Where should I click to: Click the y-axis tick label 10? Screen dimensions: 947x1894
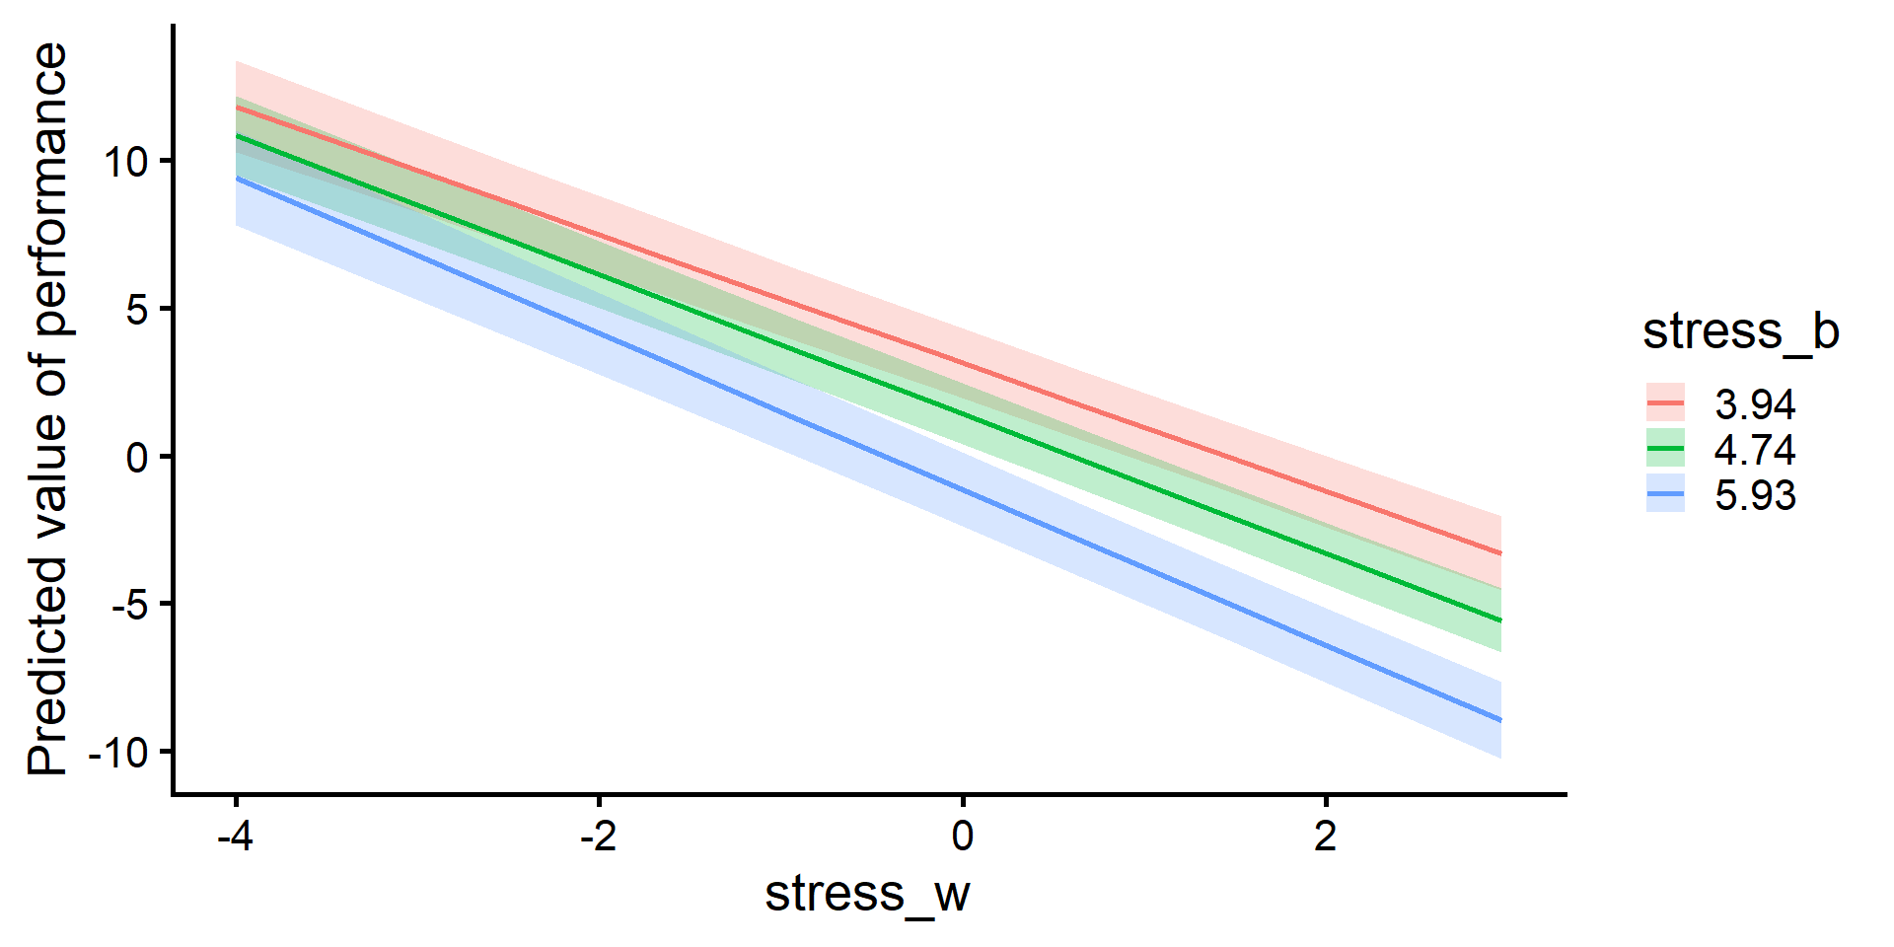(x=125, y=162)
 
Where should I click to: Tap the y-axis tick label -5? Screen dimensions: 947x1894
(x=128, y=605)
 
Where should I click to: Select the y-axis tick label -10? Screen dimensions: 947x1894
(x=117, y=753)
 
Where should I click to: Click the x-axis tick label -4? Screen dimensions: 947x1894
(x=235, y=837)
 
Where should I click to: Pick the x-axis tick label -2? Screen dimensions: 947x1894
(x=598, y=837)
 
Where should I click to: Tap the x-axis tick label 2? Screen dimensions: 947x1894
(x=1325, y=837)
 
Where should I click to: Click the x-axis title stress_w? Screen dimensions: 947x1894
(x=867, y=894)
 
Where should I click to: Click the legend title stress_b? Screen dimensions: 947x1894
(x=1740, y=331)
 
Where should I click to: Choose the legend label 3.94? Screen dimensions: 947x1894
(x=1755, y=404)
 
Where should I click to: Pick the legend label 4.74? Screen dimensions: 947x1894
(x=1755, y=450)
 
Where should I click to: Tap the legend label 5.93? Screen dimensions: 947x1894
(x=1755, y=495)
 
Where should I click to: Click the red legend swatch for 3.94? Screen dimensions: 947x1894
(x=1665, y=403)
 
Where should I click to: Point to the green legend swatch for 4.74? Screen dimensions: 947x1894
(x=1665, y=449)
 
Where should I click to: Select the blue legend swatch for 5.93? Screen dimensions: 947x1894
(x=1665, y=494)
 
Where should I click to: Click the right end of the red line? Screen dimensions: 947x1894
(x=1500, y=553)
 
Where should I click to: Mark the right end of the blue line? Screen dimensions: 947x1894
(x=1500, y=720)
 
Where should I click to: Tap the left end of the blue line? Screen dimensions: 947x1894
(x=237, y=179)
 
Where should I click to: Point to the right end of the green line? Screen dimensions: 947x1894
(x=1500, y=620)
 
